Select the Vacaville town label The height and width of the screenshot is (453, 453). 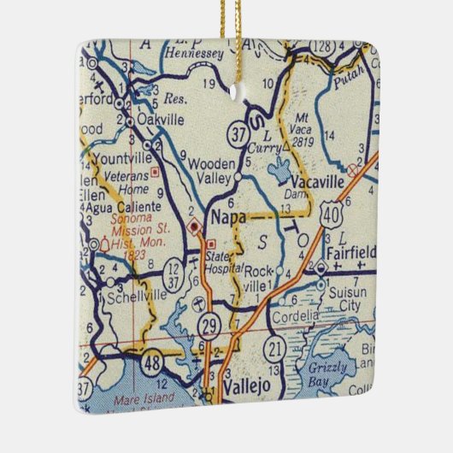click(316, 182)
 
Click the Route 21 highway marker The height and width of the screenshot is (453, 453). click(275, 347)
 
